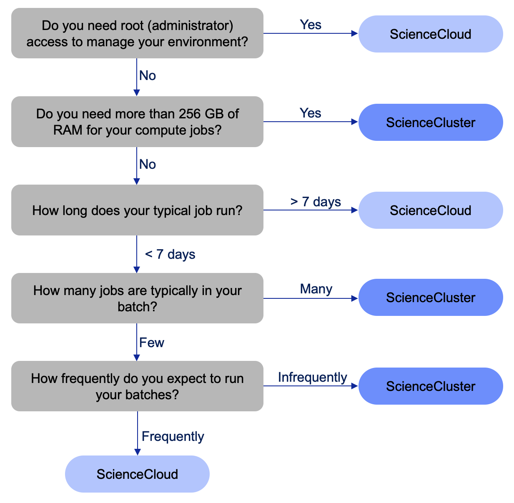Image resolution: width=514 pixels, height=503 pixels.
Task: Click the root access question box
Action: pyautogui.click(x=137, y=33)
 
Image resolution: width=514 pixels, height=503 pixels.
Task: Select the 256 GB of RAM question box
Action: pyautogui.click(x=137, y=122)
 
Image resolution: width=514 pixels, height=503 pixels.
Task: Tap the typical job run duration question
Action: pyautogui.click(x=137, y=210)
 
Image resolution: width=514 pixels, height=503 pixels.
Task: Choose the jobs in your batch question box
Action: pyautogui.click(x=137, y=298)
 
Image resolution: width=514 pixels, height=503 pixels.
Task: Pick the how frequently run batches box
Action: pyautogui.click(x=137, y=386)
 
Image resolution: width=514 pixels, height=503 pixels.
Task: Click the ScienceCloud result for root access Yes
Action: pyautogui.click(x=431, y=34)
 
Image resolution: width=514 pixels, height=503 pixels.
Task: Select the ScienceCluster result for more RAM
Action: pyautogui.click(x=431, y=123)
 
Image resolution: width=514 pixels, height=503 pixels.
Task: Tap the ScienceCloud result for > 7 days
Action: pyautogui.click(x=431, y=210)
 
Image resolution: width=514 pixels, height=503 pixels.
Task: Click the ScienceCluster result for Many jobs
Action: pyautogui.click(x=431, y=298)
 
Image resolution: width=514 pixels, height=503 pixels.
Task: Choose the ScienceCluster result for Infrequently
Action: pyautogui.click(x=431, y=386)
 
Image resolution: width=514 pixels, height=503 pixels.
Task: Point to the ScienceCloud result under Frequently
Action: pyautogui.click(x=137, y=474)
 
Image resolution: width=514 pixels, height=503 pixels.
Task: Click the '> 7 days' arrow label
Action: pyautogui.click(x=316, y=202)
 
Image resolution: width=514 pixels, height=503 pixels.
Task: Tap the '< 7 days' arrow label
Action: pyautogui.click(x=170, y=254)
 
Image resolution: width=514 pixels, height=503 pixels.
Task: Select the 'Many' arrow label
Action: pyautogui.click(x=316, y=289)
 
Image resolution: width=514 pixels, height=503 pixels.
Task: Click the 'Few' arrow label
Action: pyautogui.click(x=152, y=343)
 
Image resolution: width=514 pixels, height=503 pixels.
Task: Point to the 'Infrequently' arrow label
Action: pyautogui.click(x=312, y=377)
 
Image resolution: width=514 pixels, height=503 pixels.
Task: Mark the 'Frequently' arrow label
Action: pyautogui.click(x=173, y=436)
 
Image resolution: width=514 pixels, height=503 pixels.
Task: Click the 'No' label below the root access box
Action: pyautogui.click(x=148, y=75)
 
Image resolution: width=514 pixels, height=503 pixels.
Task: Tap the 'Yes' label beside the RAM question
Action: pyautogui.click(x=311, y=113)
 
